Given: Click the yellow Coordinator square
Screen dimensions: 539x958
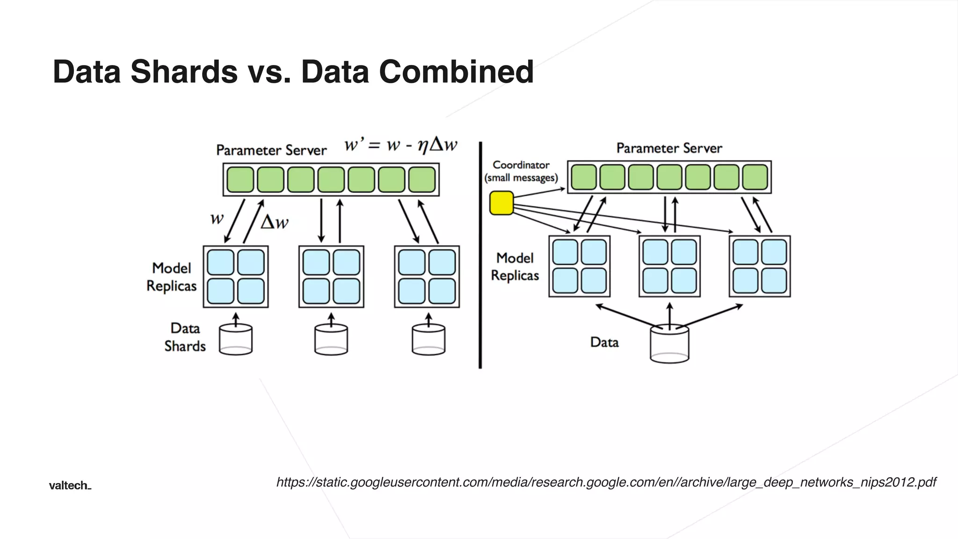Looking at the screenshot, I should (x=501, y=203).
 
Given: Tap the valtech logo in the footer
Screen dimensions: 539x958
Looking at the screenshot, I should (x=70, y=486).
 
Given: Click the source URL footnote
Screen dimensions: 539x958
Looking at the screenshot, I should (x=606, y=482).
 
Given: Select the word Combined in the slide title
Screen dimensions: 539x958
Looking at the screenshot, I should (x=456, y=72).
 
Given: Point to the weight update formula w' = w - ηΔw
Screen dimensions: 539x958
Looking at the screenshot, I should (x=400, y=145).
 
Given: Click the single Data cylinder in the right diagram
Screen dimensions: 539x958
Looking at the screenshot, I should (x=669, y=344).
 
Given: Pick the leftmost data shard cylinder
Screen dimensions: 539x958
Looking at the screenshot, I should (x=236, y=340).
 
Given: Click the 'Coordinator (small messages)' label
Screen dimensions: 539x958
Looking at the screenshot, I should (x=521, y=171).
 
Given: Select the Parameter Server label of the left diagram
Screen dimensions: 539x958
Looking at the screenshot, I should (x=271, y=150).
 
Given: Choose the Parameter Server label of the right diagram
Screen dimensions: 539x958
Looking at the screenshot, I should (x=669, y=148).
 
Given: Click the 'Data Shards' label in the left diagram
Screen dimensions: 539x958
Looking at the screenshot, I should (x=185, y=337).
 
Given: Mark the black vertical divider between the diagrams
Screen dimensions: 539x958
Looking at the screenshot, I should (x=480, y=255).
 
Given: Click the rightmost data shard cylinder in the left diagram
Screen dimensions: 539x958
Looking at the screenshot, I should (x=428, y=340).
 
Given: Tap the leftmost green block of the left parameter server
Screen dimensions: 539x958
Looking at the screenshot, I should (x=240, y=180).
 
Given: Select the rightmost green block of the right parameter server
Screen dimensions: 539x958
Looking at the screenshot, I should (x=755, y=177).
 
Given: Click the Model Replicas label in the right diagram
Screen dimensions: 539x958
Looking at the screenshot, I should (x=515, y=267).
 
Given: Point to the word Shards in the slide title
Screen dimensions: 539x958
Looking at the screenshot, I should (x=184, y=72).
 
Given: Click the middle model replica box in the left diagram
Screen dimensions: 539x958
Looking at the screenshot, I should (x=331, y=277).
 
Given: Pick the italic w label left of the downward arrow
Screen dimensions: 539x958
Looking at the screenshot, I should (x=217, y=219).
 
